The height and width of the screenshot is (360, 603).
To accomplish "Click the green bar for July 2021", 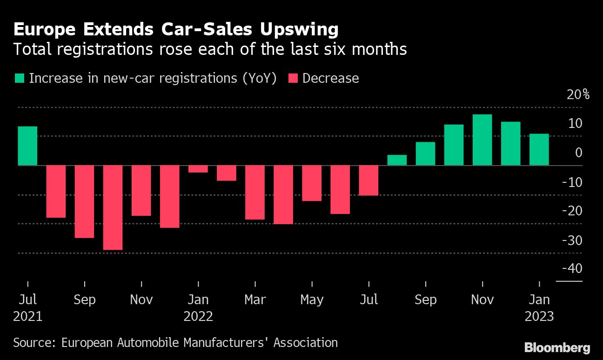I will [27, 146].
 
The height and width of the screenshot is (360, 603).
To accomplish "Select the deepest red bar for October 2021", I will [113, 207].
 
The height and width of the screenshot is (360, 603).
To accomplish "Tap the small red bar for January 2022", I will [198, 169].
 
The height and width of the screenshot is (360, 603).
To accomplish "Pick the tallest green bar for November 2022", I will [482, 140].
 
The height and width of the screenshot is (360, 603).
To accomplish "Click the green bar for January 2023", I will [539, 149].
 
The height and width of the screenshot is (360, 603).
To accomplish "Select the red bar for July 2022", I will [368, 180].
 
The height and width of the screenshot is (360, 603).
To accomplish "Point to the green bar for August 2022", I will [397, 160].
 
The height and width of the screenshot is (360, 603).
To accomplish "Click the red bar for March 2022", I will [255, 192].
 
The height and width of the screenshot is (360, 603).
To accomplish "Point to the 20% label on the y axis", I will [578, 95].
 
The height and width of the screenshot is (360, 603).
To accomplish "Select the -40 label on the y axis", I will [572, 269].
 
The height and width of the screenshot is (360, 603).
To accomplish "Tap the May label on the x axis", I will [312, 300].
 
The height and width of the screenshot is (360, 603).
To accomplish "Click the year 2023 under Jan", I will [539, 317].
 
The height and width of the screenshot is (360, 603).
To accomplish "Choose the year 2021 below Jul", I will [27, 317].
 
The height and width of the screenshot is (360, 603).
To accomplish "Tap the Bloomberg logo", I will [557, 347].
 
